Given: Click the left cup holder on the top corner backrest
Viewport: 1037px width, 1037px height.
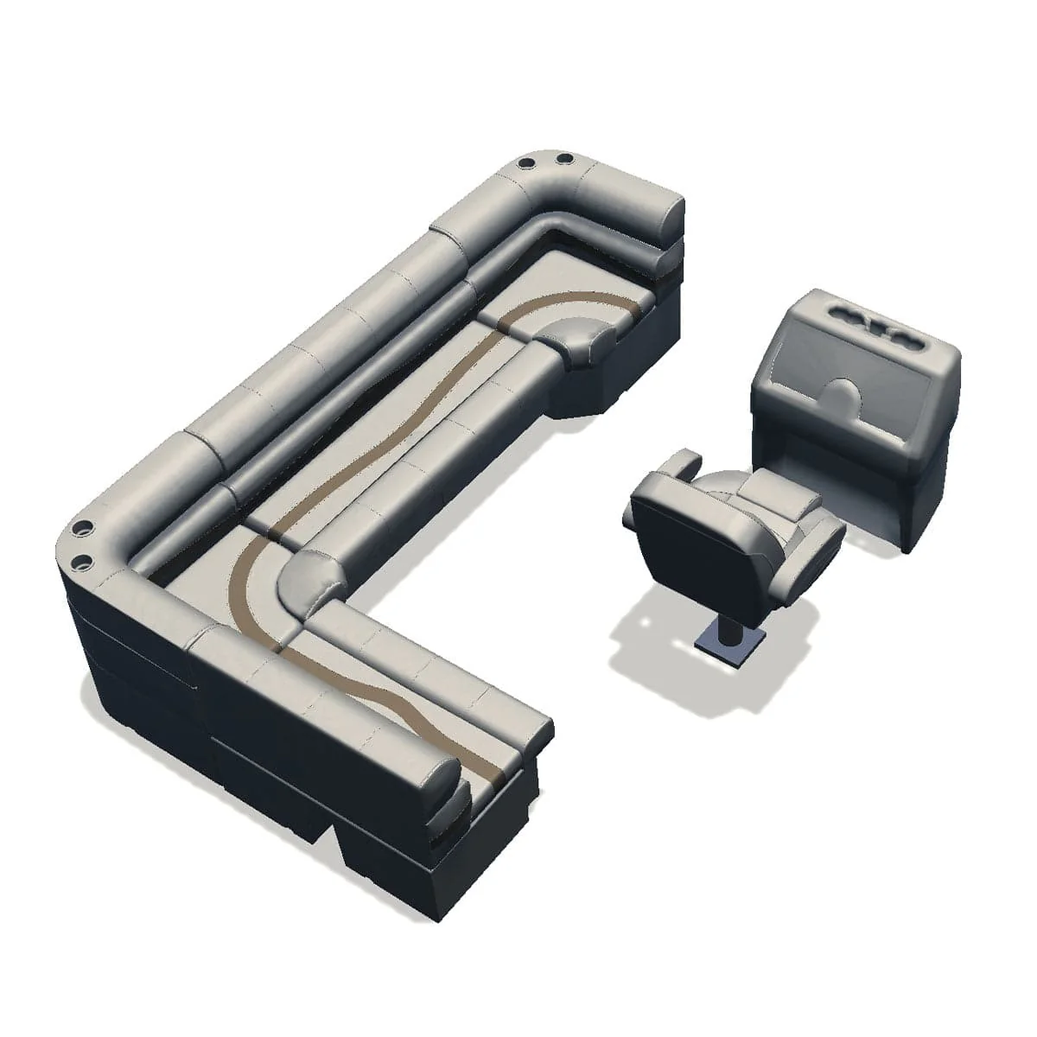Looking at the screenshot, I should (526, 162).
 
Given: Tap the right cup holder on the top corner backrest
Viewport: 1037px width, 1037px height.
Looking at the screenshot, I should (563, 160).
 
